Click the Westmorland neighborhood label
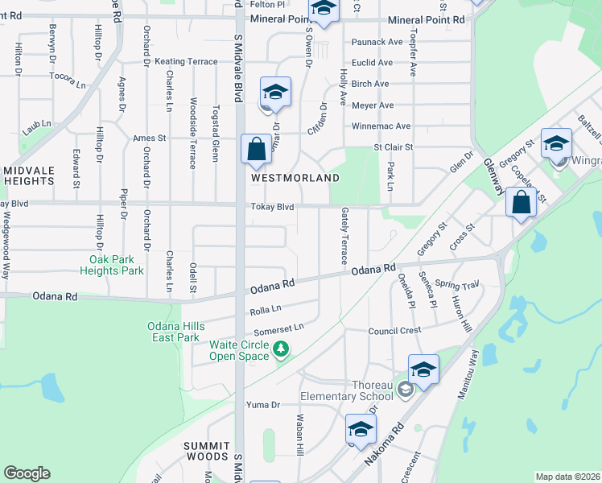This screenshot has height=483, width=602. [295, 177]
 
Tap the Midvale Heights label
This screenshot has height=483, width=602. [27, 175]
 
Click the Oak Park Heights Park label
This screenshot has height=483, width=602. [117, 265]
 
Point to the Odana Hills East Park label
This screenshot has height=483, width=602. [176, 331]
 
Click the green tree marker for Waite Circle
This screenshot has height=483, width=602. [281, 349]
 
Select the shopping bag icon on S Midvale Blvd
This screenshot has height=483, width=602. [256, 150]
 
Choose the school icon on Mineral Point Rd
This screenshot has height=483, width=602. [324, 10]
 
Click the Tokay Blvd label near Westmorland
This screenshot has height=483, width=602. [271, 207]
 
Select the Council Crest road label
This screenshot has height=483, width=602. [394, 331]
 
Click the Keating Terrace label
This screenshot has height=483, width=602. [186, 61]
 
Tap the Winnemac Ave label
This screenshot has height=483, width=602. [381, 126]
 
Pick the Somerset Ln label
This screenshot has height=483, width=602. [279, 327]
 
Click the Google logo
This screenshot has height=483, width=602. [27, 473]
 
